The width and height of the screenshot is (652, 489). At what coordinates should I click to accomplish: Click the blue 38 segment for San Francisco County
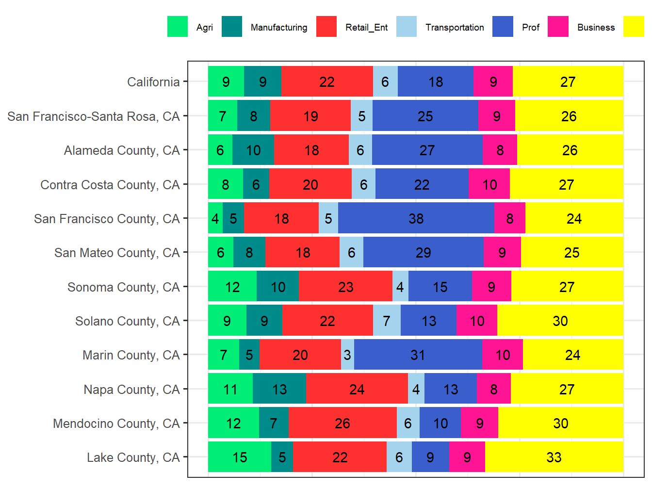[x=416, y=218]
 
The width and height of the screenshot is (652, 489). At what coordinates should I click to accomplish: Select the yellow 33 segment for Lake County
[x=554, y=457]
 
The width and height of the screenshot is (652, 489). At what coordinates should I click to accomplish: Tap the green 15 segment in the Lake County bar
[x=240, y=457]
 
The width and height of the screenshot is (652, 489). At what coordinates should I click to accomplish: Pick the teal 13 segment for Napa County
[x=279, y=389]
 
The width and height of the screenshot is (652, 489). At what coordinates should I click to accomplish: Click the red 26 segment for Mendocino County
[x=342, y=423]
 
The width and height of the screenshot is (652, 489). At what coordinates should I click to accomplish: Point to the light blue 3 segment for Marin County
[x=347, y=355]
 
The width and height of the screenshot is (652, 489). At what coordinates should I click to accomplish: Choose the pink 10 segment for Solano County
[x=477, y=321]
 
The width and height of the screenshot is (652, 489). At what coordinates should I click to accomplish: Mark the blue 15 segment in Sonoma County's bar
[x=440, y=287]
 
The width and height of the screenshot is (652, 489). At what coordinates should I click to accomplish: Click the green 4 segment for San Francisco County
[x=215, y=218]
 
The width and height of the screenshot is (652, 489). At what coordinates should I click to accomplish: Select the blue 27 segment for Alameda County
[x=427, y=150]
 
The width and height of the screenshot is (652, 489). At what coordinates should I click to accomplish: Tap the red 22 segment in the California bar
[x=327, y=81]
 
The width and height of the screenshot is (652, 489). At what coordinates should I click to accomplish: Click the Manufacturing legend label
[x=279, y=28]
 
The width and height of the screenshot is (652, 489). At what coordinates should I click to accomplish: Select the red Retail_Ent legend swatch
[x=326, y=27]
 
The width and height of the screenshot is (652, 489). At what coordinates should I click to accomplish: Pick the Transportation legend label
[x=455, y=28]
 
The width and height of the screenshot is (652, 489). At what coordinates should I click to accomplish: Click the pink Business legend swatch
[x=558, y=27]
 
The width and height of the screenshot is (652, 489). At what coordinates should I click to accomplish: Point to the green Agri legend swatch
[x=178, y=27]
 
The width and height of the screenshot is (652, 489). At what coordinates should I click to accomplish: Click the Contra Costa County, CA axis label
[x=110, y=185]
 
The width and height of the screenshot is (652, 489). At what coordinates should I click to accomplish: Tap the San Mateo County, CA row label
[x=117, y=253]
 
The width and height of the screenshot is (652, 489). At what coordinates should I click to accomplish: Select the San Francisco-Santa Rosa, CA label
[x=94, y=116]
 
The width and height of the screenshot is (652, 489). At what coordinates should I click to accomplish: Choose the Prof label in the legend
[x=531, y=28]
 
